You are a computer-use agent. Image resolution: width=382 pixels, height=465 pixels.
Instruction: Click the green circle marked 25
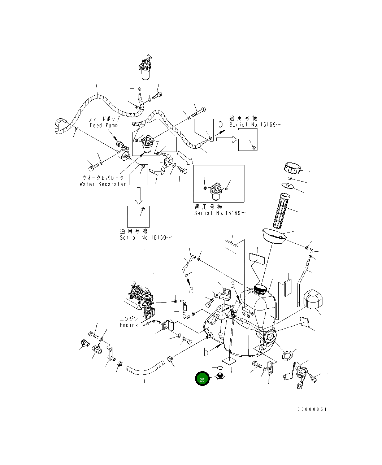[202, 379]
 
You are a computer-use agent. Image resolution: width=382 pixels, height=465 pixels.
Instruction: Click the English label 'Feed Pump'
[104, 125]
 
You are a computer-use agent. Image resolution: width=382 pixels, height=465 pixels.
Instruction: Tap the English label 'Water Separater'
[103, 184]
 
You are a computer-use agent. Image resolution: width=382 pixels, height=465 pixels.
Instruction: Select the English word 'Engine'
[129, 325]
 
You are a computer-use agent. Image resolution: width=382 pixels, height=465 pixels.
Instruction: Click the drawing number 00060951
[312, 409]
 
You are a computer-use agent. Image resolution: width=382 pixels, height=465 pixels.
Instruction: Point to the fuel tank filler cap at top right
[292, 168]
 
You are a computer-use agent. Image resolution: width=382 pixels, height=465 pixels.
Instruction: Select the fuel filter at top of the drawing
[146, 69]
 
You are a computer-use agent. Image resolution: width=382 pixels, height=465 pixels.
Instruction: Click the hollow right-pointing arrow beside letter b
[226, 140]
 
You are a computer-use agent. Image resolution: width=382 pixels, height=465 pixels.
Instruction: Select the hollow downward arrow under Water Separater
[139, 195]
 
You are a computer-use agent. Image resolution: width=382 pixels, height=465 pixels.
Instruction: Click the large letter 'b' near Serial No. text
[221, 124]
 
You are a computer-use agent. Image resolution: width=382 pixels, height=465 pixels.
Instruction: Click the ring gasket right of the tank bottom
[287, 355]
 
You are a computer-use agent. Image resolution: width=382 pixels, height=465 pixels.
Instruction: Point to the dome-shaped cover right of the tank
[312, 299]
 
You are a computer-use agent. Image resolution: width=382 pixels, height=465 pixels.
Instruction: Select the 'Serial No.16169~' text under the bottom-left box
[146, 238]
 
